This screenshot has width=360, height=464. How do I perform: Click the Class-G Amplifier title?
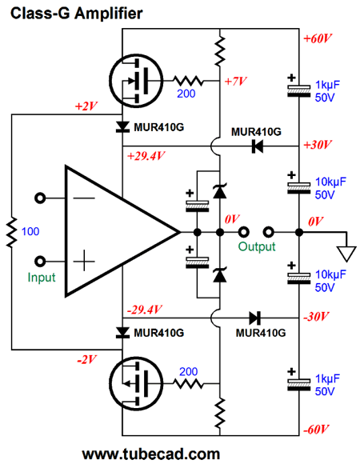click(x=76, y=14)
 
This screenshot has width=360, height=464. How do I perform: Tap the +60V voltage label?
click(x=318, y=38)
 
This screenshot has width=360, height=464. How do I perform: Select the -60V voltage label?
click(x=316, y=430)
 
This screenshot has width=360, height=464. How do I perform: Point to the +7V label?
click(x=235, y=81)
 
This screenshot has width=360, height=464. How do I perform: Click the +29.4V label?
click(x=146, y=156)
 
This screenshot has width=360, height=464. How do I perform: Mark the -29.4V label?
click(x=144, y=310)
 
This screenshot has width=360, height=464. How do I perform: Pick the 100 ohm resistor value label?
click(x=30, y=231)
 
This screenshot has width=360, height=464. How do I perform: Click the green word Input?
click(x=42, y=278)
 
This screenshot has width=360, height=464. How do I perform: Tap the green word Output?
click(x=257, y=246)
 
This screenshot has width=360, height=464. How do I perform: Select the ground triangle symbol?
click(x=346, y=254)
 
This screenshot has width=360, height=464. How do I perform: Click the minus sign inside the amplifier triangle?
click(x=84, y=198)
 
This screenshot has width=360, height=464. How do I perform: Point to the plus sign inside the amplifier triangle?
click(x=84, y=262)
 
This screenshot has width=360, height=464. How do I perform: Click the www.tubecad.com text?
click(x=151, y=454)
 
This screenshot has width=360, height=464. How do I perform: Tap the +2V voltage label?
click(x=86, y=106)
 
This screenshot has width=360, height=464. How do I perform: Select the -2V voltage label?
click(x=86, y=360)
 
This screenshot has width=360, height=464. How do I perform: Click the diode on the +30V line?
click(x=258, y=146)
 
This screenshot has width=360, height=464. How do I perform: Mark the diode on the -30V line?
click(x=254, y=318)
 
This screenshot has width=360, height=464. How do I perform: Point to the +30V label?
click(x=318, y=145)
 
